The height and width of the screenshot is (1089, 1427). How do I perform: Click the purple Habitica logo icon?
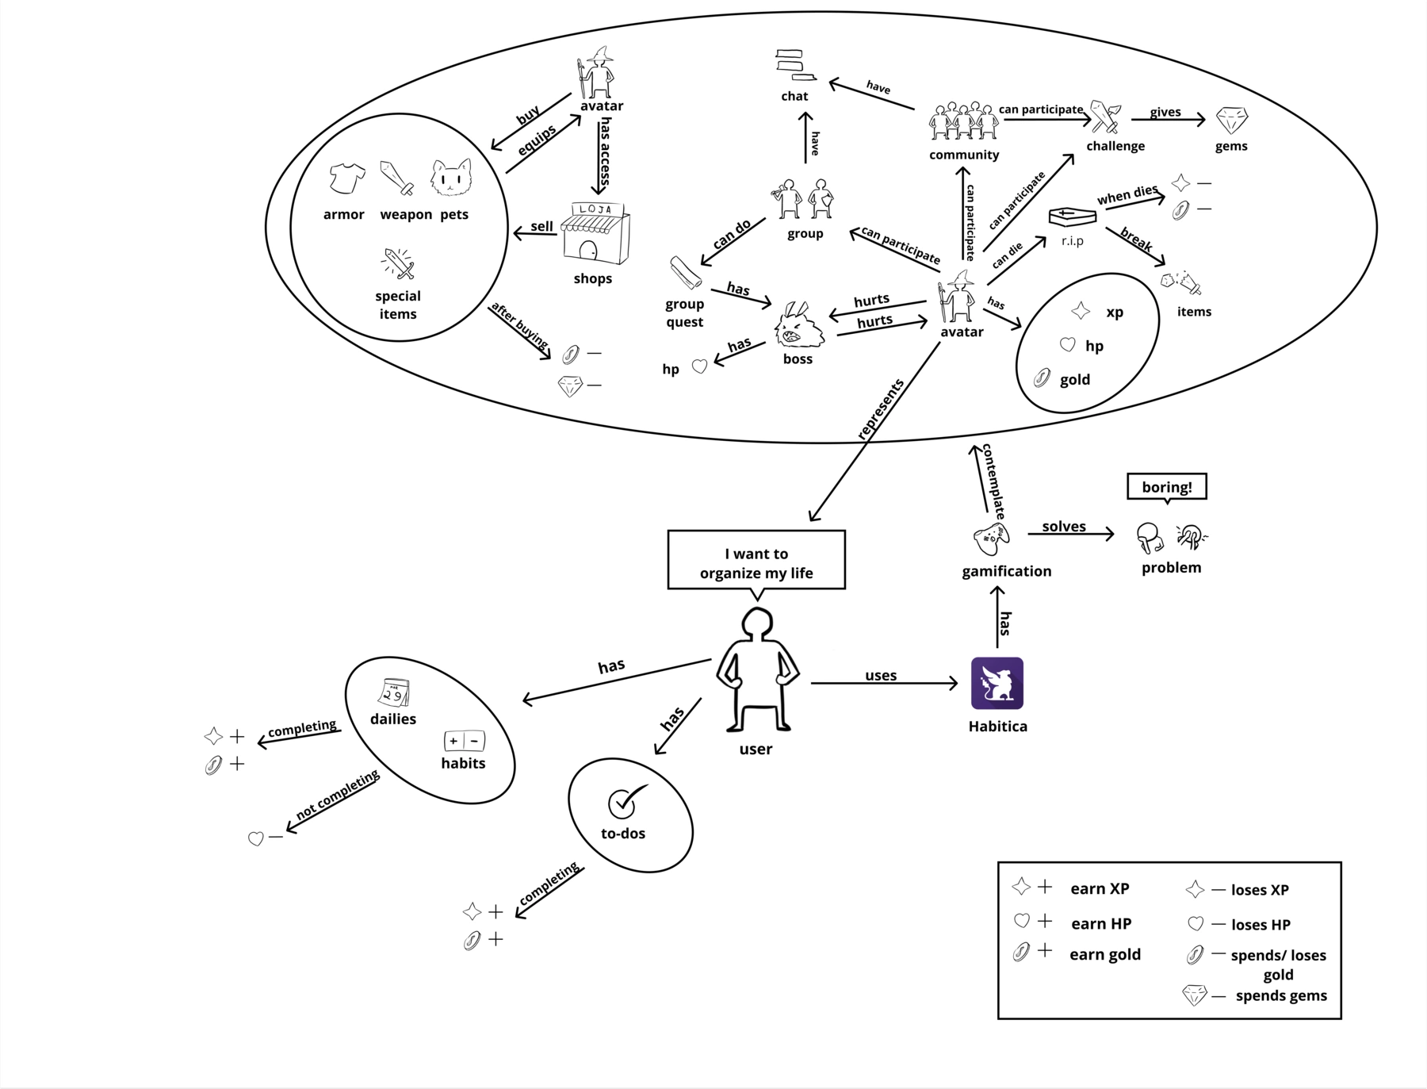[997, 683]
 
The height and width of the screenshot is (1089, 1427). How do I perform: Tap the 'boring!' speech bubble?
[1166, 487]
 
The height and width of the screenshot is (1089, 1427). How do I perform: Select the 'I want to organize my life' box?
[756, 561]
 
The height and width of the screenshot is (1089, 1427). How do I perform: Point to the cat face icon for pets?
[451, 178]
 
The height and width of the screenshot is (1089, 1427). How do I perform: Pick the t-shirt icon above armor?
[346, 178]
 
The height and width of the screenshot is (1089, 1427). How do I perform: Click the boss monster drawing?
[800, 326]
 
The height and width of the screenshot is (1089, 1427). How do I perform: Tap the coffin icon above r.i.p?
[1072, 216]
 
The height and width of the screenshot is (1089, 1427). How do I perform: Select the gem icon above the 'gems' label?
[1231, 121]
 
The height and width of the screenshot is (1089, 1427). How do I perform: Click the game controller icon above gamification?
[991, 539]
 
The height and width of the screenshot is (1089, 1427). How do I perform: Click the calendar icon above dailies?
[394, 692]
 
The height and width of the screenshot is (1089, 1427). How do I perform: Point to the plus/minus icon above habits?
[464, 741]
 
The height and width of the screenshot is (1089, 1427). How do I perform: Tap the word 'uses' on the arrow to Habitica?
[881, 675]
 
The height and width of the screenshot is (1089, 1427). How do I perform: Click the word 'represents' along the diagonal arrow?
[880, 409]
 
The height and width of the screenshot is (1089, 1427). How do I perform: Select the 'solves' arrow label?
[1063, 527]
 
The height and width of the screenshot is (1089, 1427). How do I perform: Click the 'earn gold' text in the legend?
[1104, 954]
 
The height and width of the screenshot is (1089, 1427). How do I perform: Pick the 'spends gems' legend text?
[1280, 995]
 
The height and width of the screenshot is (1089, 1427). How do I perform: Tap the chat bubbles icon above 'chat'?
[795, 65]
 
